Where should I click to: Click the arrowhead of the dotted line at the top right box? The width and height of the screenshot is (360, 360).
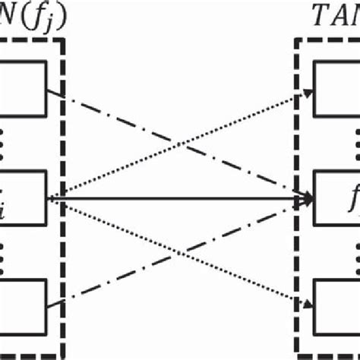coord(308,93)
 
